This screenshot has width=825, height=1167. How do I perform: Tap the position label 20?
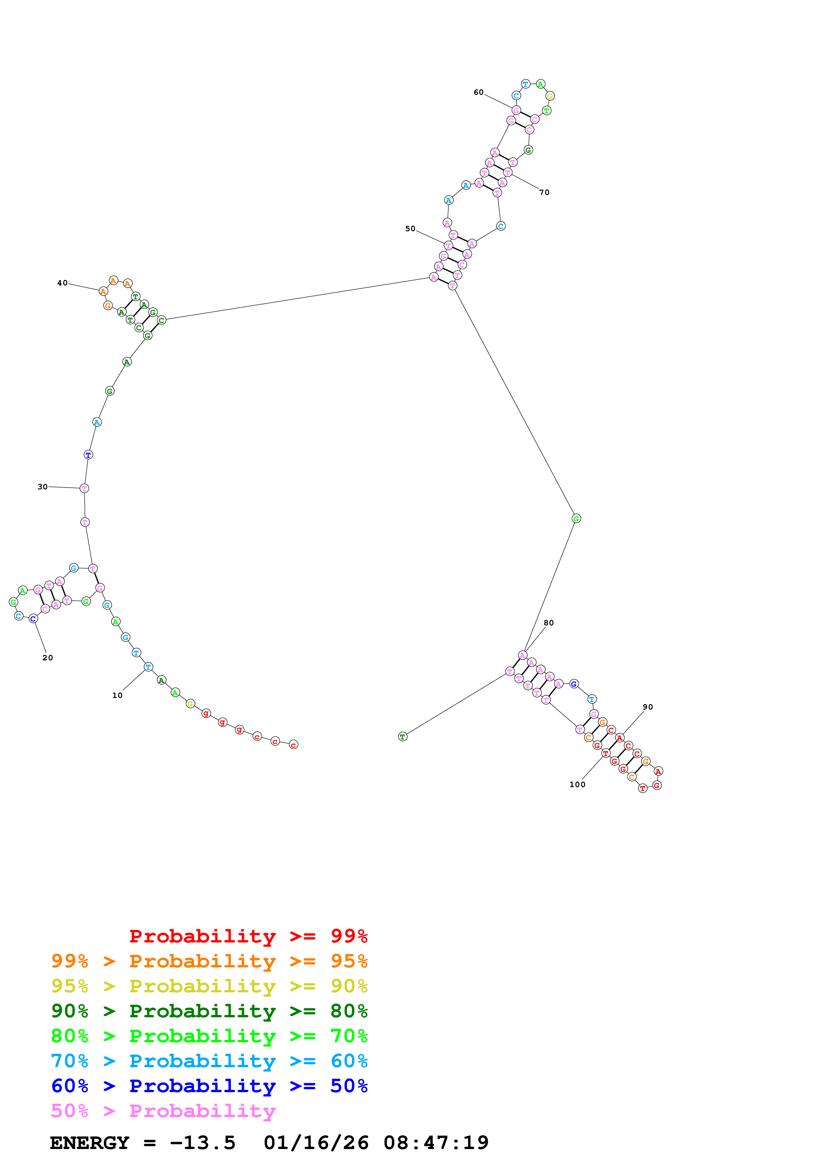pyautogui.click(x=47, y=658)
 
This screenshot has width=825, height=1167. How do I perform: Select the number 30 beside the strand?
pyautogui.click(x=42, y=487)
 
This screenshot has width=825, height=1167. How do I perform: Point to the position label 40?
pyautogui.click(x=62, y=283)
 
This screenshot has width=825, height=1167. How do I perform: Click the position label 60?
pyautogui.click(x=478, y=92)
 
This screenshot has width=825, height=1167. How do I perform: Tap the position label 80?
pyautogui.click(x=548, y=623)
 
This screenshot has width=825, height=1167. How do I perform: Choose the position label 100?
pyautogui.click(x=577, y=785)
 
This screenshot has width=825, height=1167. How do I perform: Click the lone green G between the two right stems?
pyautogui.click(x=576, y=518)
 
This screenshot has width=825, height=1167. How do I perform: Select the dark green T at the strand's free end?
pyautogui.click(x=403, y=737)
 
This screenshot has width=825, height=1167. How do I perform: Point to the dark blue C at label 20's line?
pyautogui.click(x=33, y=618)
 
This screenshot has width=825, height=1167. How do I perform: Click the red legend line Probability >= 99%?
pyautogui.click(x=249, y=936)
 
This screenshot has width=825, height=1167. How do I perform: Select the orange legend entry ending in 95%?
pyautogui.click(x=209, y=961)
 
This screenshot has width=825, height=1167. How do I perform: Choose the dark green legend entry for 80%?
pyautogui.click(x=209, y=1011)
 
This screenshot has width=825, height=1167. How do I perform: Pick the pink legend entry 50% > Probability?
pyautogui.click(x=163, y=1111)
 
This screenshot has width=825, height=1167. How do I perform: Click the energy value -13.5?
pyautogui.click(x=202, y=1143)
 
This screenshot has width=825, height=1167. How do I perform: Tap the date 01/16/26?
pyautogui.click(x=316, y=1143)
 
